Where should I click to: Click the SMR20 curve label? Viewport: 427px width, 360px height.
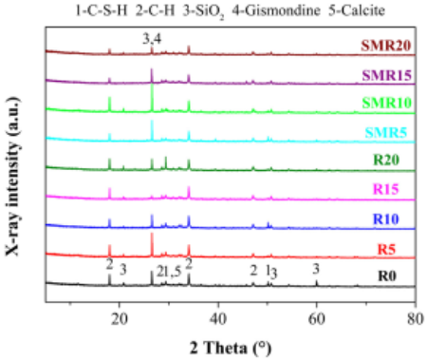[386, 46]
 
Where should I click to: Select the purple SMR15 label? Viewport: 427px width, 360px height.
[387, 75]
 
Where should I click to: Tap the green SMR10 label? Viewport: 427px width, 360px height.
[387, 103]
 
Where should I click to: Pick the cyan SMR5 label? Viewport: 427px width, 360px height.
[386, 132]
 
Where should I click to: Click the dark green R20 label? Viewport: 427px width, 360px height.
[386, 160]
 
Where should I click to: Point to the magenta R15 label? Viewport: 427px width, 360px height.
[386, 189]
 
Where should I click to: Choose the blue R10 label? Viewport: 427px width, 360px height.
[386, 219]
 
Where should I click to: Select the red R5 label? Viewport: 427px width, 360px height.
[386, 250]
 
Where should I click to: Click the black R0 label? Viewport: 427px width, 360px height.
[387, 276]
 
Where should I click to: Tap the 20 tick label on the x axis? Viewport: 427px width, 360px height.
[119, 318]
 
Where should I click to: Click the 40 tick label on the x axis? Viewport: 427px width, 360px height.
[218, 318]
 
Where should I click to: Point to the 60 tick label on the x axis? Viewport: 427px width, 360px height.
[317, 318]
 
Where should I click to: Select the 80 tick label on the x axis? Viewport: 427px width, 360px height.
[416, 318]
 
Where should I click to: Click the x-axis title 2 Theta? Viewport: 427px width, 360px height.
[231, 348]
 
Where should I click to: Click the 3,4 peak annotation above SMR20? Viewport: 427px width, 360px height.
[152, 40]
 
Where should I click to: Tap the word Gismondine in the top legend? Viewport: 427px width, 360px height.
[276, 10]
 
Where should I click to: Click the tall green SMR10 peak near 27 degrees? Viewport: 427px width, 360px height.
[152, 98]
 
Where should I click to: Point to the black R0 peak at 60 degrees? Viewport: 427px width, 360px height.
[316, 283]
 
